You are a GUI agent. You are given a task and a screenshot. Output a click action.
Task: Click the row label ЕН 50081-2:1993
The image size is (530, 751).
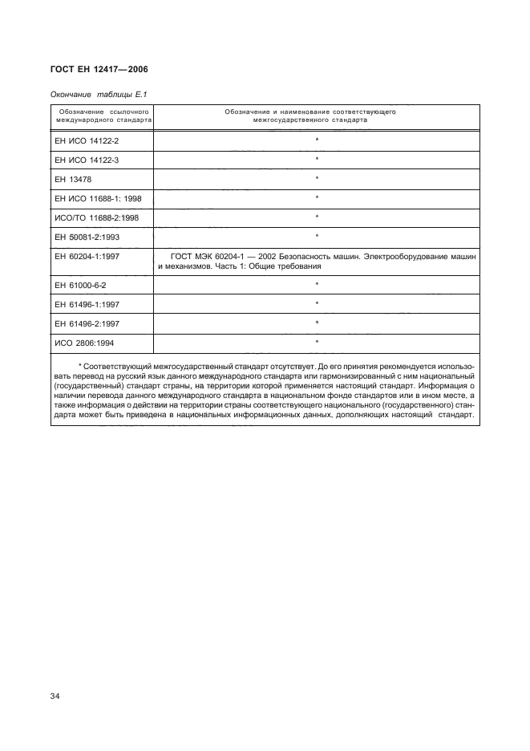click(x=87, y=236)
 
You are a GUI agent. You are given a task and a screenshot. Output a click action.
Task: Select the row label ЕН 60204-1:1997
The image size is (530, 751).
click(x=87, y=256)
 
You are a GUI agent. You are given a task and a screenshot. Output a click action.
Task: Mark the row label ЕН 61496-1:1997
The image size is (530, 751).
click(x=87, y=304)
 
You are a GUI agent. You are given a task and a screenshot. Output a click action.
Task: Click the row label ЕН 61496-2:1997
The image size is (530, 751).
click(x=87, y=323)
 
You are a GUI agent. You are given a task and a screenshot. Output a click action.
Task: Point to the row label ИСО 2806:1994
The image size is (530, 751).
click(x=83, y=343)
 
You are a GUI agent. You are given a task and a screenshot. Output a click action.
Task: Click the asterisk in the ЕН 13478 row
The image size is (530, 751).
click(x=317, y=178)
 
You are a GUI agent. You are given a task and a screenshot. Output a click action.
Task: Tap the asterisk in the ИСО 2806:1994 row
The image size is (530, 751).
click(x=317, y=343)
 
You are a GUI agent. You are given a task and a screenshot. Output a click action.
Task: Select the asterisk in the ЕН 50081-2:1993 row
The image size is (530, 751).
click(x=317, y=236)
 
